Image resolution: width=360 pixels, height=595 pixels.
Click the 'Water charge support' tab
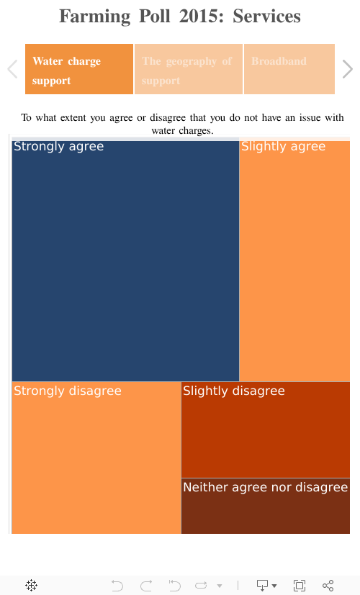[x=79, y=69]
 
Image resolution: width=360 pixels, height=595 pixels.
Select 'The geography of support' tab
[x=188, y=69]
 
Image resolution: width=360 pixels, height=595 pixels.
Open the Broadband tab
[x=289, y=69]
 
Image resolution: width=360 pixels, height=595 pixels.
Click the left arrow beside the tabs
[x=12, y=69]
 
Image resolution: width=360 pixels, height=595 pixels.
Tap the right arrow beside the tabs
[x=348, y=69]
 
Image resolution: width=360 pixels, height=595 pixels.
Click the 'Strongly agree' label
[x=58, y=147]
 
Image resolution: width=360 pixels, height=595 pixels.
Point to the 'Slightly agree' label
[x=283, y=147]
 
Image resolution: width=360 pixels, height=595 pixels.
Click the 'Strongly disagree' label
[x=67, y=391]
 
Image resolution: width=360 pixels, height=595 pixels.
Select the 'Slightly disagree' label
[x=233, y=391]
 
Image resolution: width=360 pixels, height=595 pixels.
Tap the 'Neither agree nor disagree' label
[x=265, y=488]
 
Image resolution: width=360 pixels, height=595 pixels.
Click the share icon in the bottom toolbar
[x=328, y=586]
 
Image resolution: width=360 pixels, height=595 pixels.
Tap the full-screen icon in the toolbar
[x=300, y=586]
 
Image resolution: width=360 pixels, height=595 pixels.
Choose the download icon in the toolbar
[x=264, y=586]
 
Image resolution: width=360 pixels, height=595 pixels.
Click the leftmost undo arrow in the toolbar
[x=117, y=586]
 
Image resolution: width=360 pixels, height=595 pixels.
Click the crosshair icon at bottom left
[x=32, y=586]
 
